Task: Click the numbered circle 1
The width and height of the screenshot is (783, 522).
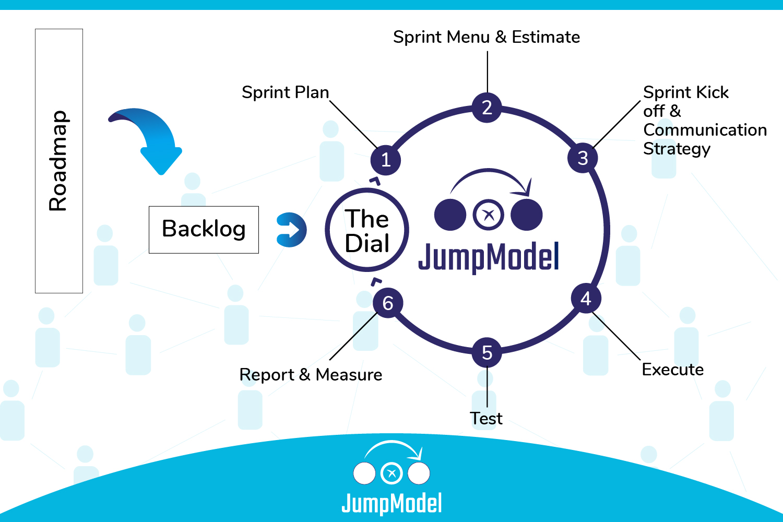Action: (x=386, y=160)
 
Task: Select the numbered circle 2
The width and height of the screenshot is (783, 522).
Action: (x=487, y=108)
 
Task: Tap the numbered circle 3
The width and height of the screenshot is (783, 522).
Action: (x=583, y=158)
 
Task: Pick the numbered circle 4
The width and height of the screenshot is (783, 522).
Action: (x=586, y=299)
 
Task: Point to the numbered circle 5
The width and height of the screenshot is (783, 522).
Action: (x=487, y=353)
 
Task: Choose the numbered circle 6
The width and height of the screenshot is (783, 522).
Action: (x=388, y=303)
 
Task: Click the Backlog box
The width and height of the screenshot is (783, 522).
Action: (x=204, y=230)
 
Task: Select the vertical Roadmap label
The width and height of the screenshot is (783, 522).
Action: (x=58, y=161)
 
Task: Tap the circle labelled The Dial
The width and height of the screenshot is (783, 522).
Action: (x=367, y=230)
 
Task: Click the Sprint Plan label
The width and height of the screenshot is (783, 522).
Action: (x=285, y=92)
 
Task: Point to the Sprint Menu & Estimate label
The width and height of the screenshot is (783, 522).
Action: (x=487, y=37)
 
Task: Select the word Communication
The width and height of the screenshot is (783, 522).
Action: (x=705, y=130)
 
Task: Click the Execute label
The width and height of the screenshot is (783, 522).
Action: (x=672, y=370)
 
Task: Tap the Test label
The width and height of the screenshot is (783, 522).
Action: (x=486, y=419)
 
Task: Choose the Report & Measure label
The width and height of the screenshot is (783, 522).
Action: (x=311, y=375)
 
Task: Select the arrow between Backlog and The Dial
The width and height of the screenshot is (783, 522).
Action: (x=291, y=230)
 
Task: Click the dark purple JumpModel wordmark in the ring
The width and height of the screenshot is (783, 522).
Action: (x=489, y=257)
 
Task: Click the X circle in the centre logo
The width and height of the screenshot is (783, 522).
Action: (x=489, y=215)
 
